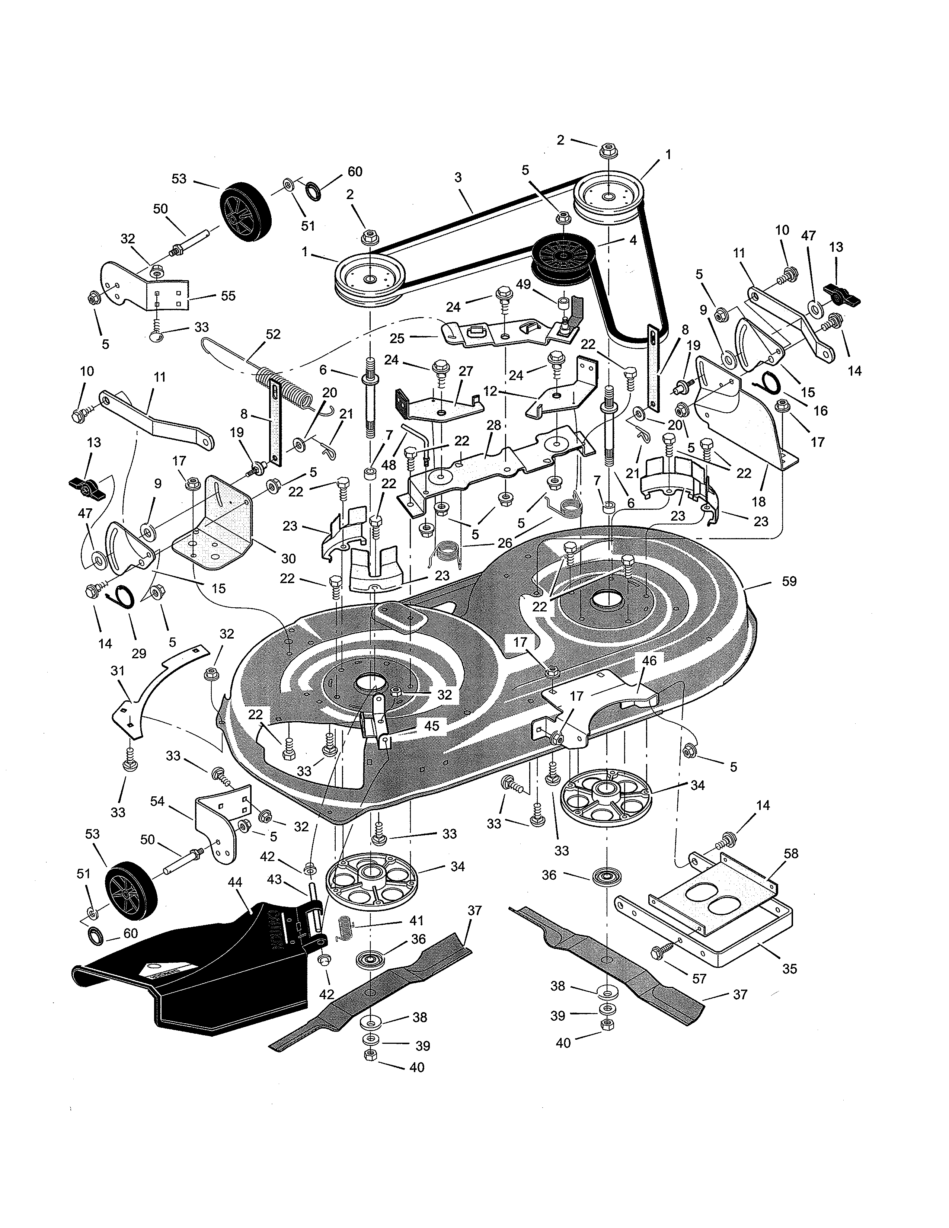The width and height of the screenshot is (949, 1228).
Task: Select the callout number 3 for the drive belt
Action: tap(458, 178)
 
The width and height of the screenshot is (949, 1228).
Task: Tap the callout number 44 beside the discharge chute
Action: tap(235, 882)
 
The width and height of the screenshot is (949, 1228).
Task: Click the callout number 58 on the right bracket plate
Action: tap(790, 854)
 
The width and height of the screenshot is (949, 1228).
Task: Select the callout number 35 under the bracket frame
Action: tap(789, 969)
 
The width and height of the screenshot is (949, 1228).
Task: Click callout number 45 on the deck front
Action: tap(431, 726)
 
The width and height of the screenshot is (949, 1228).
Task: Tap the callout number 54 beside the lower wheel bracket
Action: tap(157, 801)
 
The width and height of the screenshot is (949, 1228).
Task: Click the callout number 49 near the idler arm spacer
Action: tap(523, 285)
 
